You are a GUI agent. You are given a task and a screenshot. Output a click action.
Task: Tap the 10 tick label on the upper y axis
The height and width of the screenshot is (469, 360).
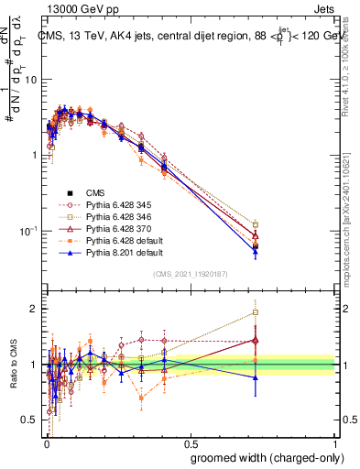(x=30, y=80)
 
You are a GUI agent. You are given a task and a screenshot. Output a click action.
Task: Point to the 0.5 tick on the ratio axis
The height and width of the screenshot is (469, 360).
(x=31, y=420)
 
